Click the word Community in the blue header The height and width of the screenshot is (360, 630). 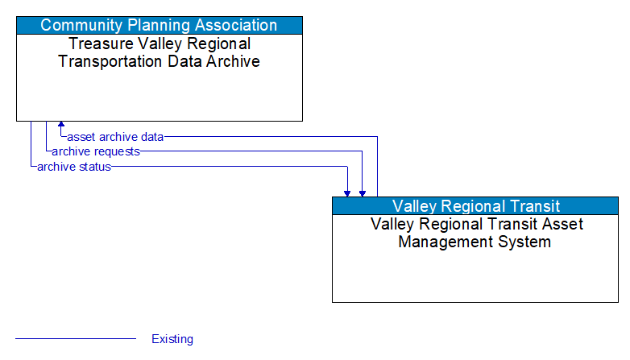coord(78,25)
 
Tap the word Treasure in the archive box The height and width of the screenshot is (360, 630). coord(99,43)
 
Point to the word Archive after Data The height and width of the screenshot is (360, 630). coord(232,61)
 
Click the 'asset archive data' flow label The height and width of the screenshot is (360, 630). coord(115,137)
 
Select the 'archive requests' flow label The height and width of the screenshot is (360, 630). coord(96,151)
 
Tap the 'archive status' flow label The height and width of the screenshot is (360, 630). coord(74,167)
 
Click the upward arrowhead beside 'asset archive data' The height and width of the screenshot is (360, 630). coord(61,126)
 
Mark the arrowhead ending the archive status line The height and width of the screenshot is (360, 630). coord(347,192)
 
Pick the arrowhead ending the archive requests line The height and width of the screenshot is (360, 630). coord(363,192)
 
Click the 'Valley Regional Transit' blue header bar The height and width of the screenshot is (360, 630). coord(475,206)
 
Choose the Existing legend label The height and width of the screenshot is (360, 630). coord(172,339)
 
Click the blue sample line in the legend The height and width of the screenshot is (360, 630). coord(76,339)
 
